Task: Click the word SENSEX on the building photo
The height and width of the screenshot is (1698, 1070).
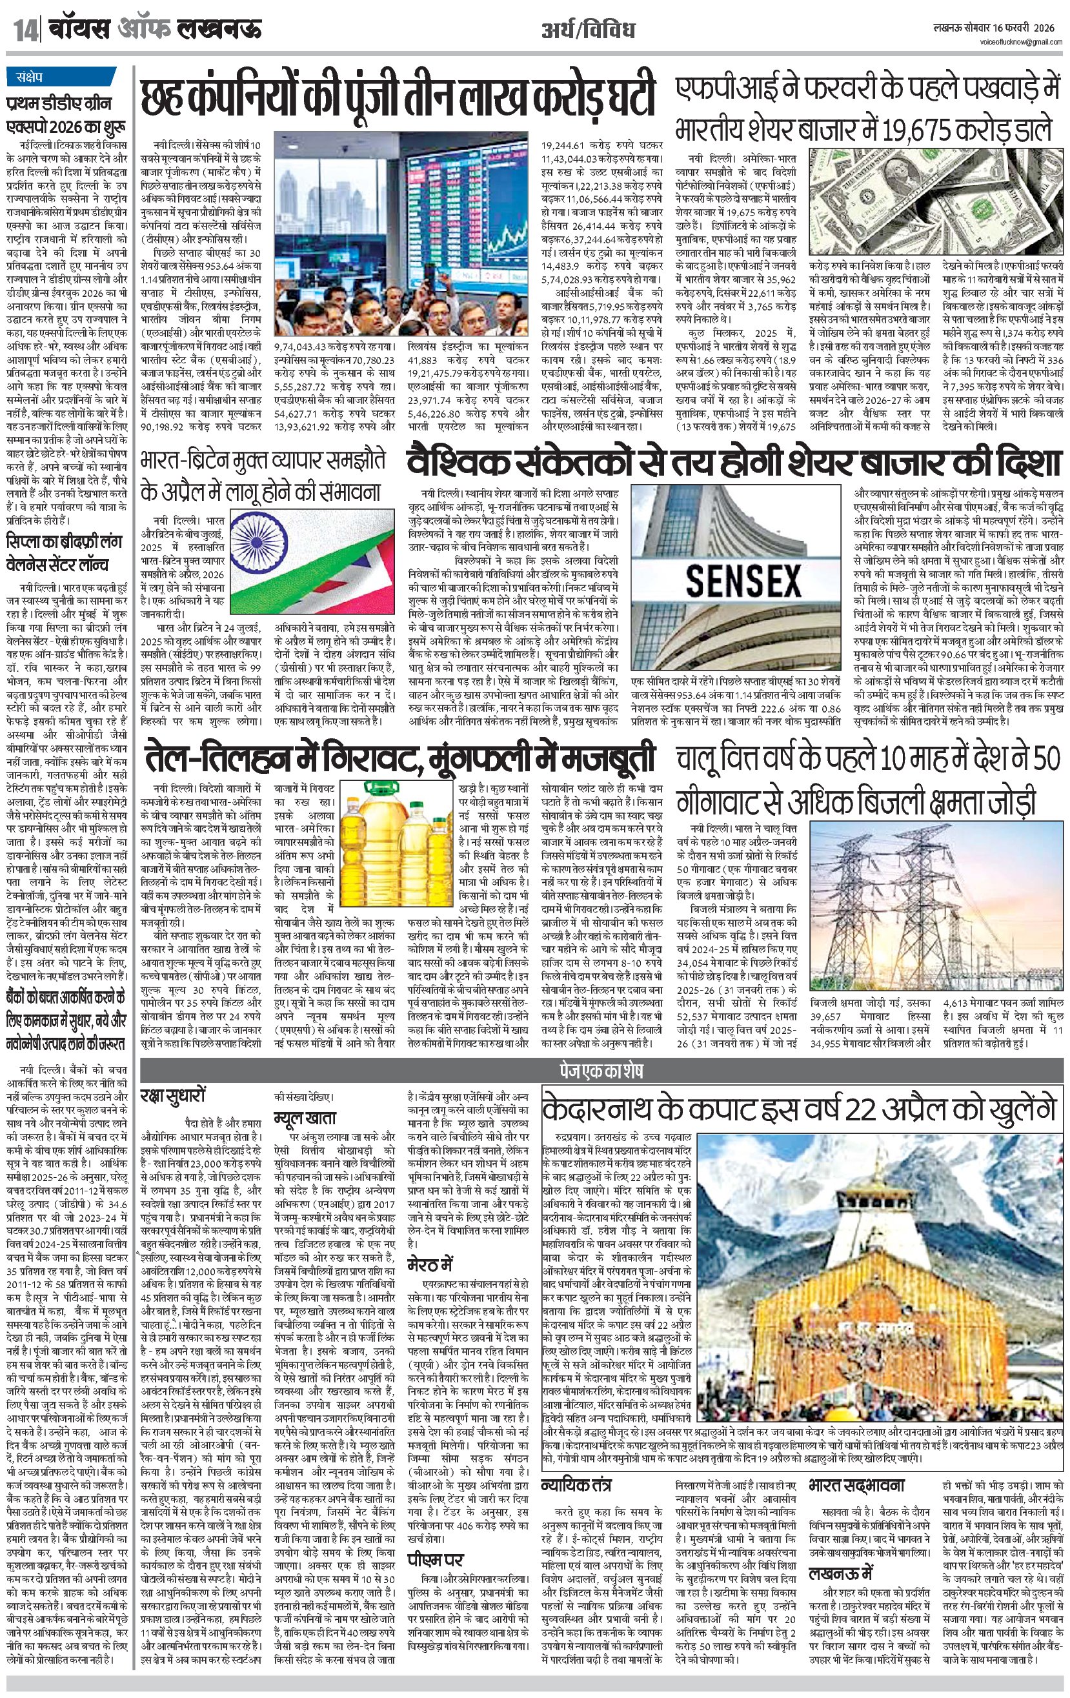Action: click(743, 581)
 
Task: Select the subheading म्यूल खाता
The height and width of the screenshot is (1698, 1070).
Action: click(305, 1118)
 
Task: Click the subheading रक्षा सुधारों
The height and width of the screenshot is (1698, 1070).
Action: click(172, 1097)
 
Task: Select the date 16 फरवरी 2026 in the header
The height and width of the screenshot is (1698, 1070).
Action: click(1024, 28)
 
